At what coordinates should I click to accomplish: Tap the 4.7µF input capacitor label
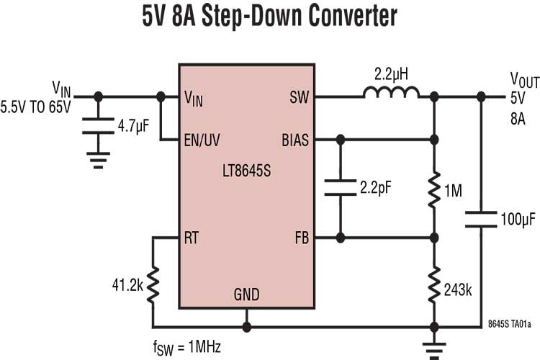133,127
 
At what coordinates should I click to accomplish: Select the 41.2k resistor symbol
153,286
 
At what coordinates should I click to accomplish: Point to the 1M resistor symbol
433,190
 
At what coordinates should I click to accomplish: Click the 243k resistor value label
458,290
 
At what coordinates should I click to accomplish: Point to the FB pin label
300,238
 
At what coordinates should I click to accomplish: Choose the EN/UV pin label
202,140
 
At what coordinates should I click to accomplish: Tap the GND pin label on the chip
246,294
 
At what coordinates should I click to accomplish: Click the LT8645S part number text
246,174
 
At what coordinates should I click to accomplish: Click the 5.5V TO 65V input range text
36,107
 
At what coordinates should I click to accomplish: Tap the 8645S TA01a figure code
509,325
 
